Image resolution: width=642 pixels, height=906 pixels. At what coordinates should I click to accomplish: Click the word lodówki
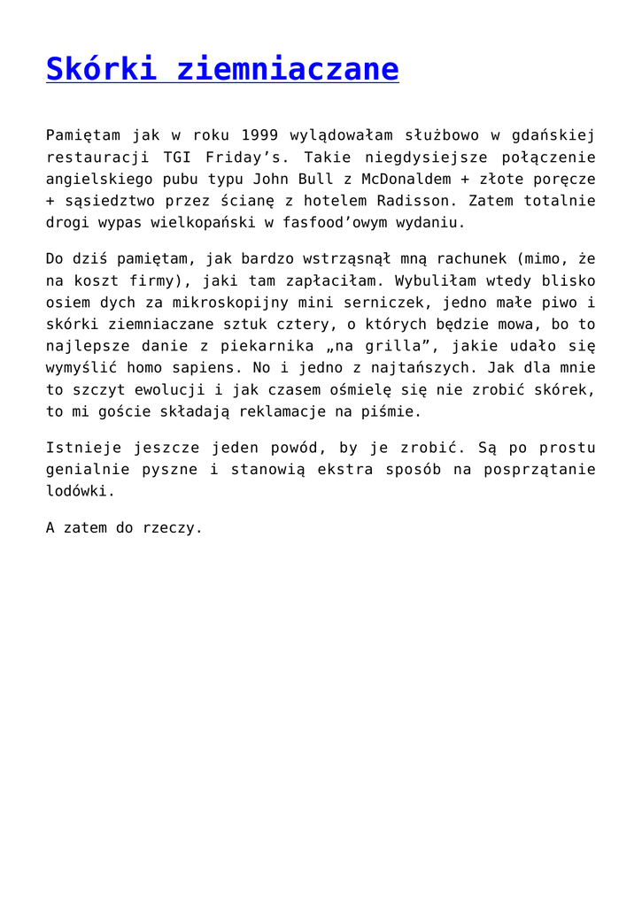(80, 491)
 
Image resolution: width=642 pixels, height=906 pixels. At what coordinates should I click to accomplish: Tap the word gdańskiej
(554, 135)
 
